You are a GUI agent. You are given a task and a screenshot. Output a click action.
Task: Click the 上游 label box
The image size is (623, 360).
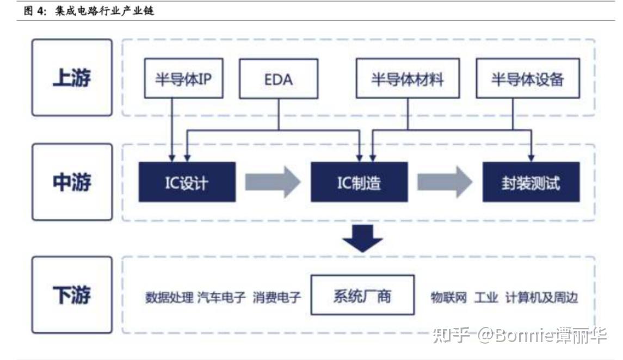pyautogui.click(x=72, y=78)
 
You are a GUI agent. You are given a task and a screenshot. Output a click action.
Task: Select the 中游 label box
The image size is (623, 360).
pyautogui.click(x=72, y=182)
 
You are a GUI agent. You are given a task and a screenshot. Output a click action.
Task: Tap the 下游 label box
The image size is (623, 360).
pyautogui.click(x=72, y=295)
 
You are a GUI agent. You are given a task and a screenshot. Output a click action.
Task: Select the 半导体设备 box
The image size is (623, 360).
pyautogui.click(x=527, y=80)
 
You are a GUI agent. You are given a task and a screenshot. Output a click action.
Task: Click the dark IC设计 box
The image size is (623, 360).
pyautogui.click(x=187, y=182)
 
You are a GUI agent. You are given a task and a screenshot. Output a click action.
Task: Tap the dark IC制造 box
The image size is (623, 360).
pyautogui.click(x=359, y=182)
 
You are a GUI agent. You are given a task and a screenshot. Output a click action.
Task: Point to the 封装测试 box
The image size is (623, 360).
pyautogui.click(x=531, y=182)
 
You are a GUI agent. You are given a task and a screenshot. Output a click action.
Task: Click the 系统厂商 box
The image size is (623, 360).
pyautogui.click(x=362, y=295)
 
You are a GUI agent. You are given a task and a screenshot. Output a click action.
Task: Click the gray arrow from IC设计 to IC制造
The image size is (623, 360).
pyautogui.click(x=272, y=182)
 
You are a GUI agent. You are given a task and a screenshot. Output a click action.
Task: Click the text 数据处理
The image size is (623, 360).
pyautogui.click(x=169, y=297)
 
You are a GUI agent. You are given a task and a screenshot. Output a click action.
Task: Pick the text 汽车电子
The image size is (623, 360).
pyautogui.click(x=222, y=297)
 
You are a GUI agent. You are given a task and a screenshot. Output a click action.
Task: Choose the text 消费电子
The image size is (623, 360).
pyautogui.click(x=276, y=297)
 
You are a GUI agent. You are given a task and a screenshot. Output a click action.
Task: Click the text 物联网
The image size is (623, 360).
pyautogui.click(x=449, y=297)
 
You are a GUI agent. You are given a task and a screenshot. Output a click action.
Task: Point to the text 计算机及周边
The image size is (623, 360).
pyautogui.click(x=541, y=297)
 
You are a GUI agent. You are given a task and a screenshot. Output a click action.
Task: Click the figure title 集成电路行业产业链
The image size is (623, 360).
pyautogui.click(x=104, y=10)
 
